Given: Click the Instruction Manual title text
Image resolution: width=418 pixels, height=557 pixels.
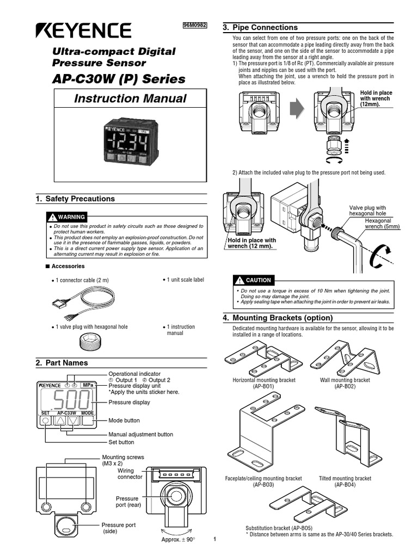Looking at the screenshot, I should coord(130,98).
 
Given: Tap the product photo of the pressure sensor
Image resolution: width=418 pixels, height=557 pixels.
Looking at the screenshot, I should coord(130,144).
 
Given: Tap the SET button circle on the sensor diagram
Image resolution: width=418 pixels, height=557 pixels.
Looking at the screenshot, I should coord(45,420).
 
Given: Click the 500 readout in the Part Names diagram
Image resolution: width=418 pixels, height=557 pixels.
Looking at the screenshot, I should coord(71,401).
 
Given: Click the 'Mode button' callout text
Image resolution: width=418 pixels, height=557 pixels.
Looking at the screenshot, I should coord(124,420).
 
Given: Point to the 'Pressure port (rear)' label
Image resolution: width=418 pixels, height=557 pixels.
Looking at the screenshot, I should coord(127,502).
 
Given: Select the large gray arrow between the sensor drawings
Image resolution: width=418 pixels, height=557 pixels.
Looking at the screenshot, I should coord(296,109).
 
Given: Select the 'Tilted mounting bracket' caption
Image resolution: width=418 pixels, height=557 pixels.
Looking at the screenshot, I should coord(345,478).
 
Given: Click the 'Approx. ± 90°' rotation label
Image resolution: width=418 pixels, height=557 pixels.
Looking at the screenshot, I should coord(178,539).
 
